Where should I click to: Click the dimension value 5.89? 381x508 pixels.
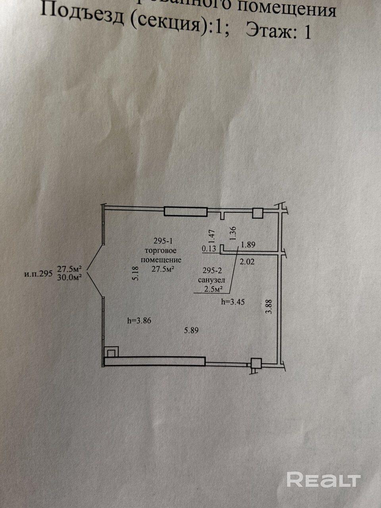191,330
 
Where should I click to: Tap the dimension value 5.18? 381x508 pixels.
135,274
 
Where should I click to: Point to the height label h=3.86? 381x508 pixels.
139,321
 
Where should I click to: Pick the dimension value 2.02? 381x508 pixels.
246,261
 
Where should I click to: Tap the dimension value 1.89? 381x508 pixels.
248,245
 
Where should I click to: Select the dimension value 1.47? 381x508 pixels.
212,237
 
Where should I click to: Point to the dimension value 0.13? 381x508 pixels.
209,249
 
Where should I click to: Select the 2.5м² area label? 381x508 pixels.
213,289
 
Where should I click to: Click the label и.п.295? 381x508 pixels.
38,273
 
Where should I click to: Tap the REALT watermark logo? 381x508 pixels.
323,480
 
